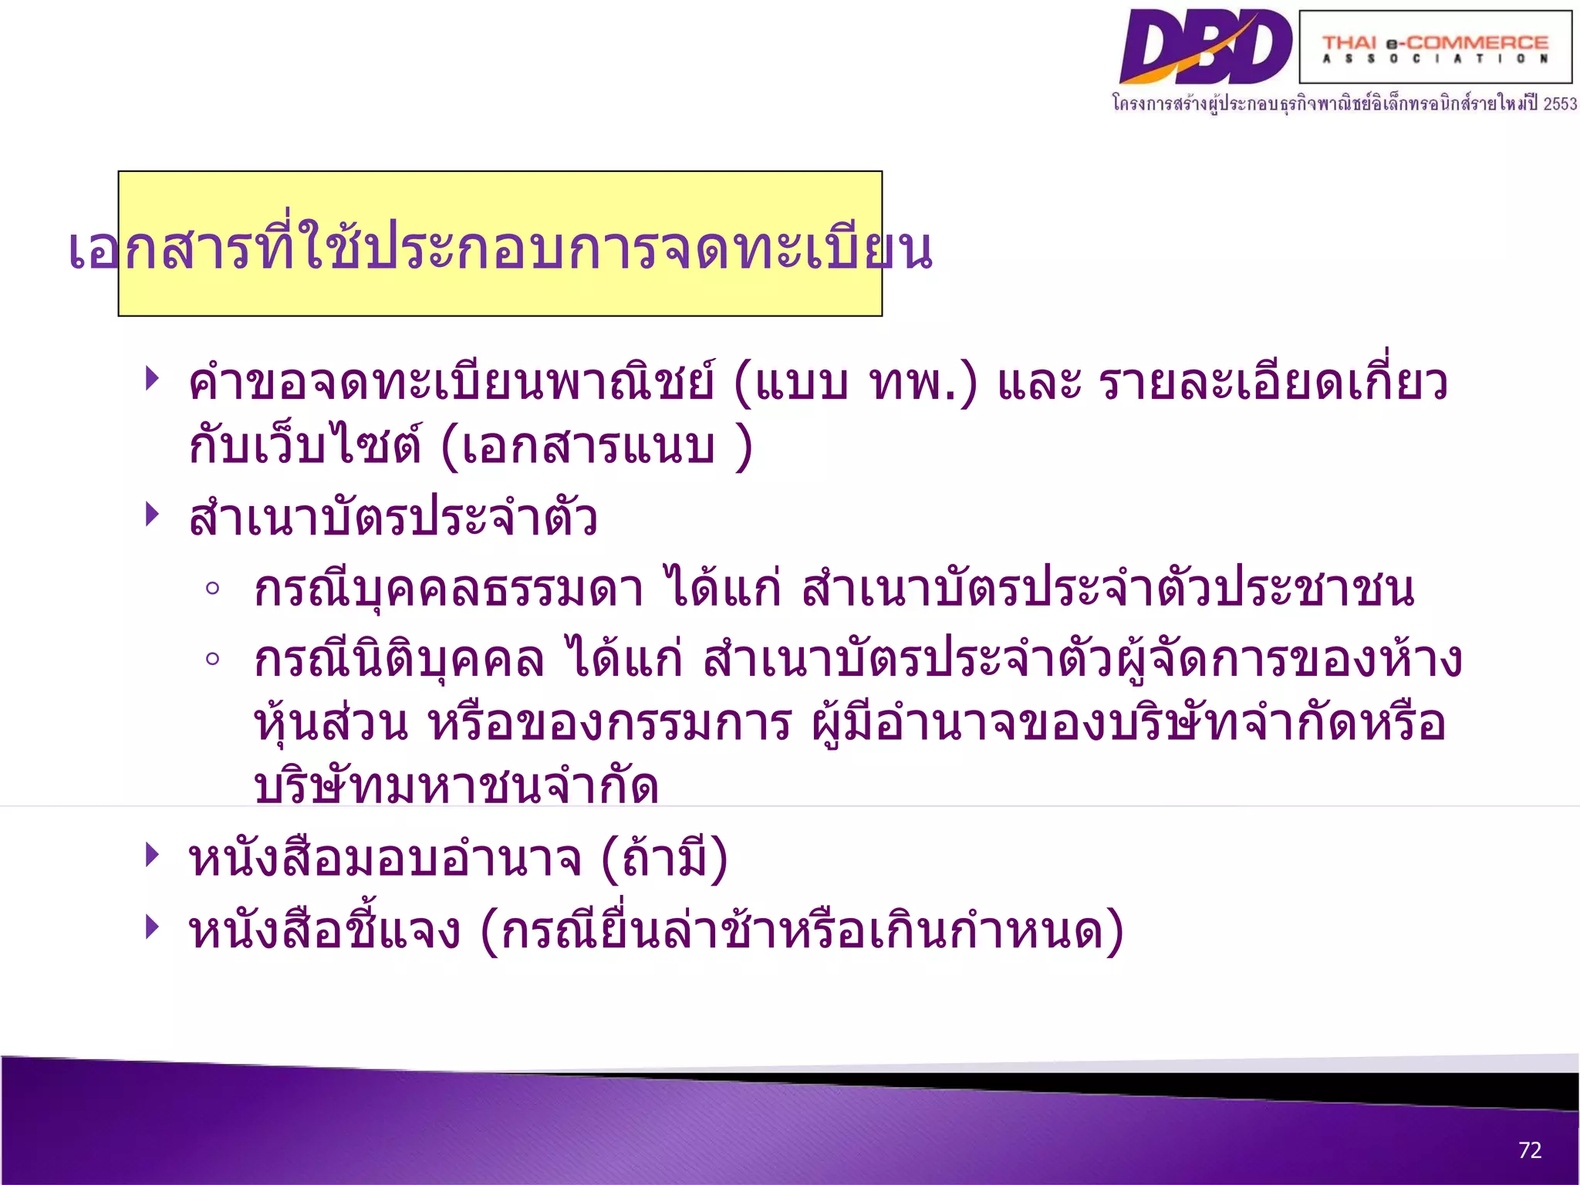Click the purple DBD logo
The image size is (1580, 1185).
coord(1205,46)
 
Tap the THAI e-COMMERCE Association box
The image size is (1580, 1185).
coord(1435,47)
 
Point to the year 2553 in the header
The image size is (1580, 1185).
coord(1559,104)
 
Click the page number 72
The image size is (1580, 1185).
coord(1529,1150)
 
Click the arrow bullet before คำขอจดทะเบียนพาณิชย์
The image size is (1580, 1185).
coord(152,379)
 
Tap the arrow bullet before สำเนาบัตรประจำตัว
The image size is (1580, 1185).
coord(152,514)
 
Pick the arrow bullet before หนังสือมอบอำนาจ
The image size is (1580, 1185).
coord(152,855)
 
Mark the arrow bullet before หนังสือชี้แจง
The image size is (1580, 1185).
coord(152,927)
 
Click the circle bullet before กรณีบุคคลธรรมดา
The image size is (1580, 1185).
coord(213,589)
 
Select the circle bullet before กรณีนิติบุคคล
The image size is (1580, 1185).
coord(213,660)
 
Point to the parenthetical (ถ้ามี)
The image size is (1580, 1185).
coord(664,859)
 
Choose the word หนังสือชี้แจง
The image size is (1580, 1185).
coord(325,930)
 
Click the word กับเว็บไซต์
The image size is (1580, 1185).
coord(305,446)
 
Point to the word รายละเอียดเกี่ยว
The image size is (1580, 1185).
coord(1273,382)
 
